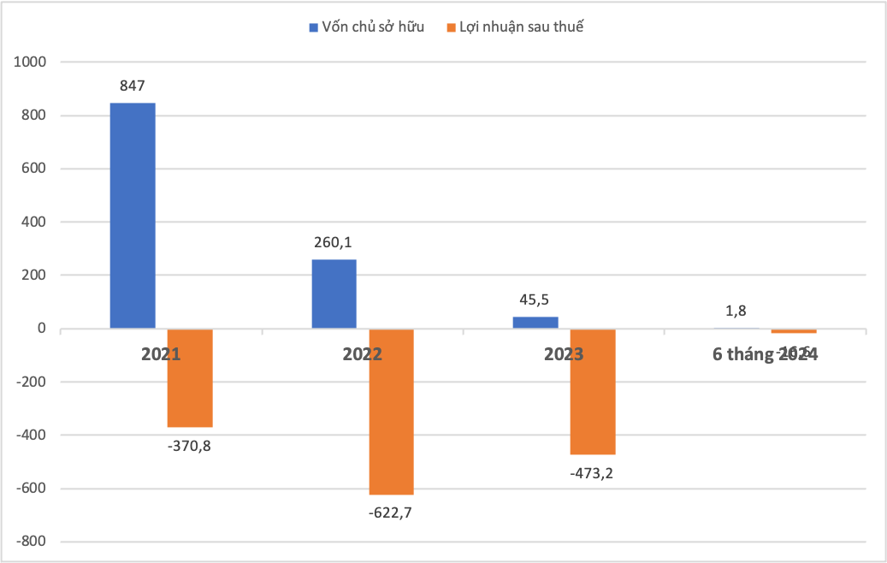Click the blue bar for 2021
133,216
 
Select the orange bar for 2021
189,378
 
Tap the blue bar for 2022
334,294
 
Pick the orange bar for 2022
391,412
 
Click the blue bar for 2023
535,323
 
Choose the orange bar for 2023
593,392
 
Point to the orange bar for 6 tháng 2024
794,331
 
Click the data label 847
133,86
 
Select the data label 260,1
334,242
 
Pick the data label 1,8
736,311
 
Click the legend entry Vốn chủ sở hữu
366,27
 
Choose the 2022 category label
362,353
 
